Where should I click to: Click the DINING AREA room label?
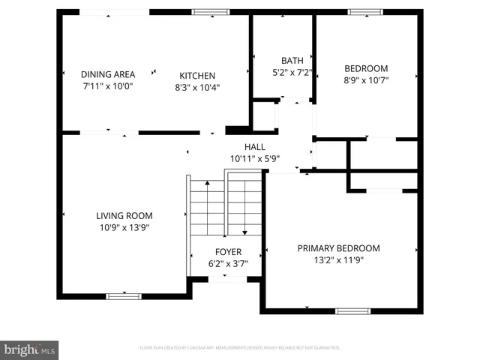(108, 74)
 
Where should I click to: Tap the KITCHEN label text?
(197, 76)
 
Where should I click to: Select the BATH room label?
(292, 61)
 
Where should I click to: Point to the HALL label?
(255, 147)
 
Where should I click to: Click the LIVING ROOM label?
(124, 215)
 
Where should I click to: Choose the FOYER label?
(228, 252)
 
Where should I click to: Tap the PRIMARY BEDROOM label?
(338, 248)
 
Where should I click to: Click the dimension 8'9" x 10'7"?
(366, 79)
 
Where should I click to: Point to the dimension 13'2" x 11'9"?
(338, 260)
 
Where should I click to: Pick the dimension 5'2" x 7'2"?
(292, 73)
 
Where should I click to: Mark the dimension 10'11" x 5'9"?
(255, 159)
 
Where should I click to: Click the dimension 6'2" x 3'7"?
(228, 264)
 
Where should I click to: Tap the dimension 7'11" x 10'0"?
(108, 86)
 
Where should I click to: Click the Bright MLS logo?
(29, 349)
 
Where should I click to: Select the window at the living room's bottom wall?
(124, 296)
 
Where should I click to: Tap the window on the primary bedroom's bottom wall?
(352, 310)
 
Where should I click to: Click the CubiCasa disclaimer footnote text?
(240, 348)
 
